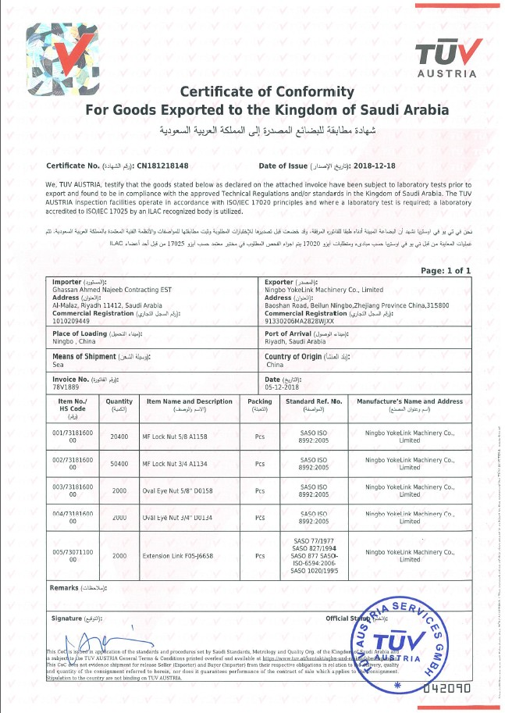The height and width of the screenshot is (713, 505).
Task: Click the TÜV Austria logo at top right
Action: [x=446, y=59]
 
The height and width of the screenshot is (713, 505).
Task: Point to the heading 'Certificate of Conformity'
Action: [x=267, y=92]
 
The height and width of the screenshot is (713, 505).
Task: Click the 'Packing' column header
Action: [x=260, y=401]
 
